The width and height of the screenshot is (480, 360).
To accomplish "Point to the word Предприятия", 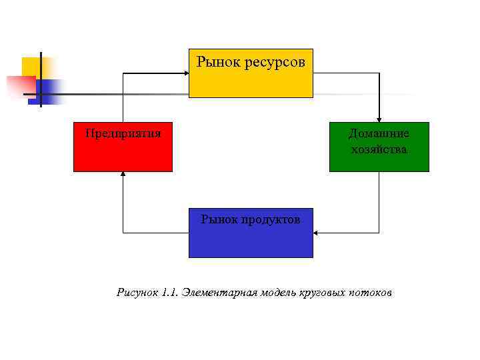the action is click(x=123, y=133).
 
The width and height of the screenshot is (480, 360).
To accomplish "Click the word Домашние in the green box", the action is click(x=379, y=133).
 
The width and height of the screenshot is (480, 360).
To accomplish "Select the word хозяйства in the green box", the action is click(x=379, y=149).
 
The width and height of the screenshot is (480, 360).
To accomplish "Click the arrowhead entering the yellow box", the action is click(x=186, y=73).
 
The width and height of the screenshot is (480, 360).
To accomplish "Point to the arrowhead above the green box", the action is click(x=379, y=119).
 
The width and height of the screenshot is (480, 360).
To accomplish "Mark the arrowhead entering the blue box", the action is click(x=316, y=233).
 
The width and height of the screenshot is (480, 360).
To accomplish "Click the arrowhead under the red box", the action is click(x=123, y=175).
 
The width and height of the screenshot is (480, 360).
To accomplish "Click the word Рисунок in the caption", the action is click(x=137, y=292).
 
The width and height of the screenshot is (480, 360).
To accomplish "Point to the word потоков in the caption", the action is click(x=373, y=292).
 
